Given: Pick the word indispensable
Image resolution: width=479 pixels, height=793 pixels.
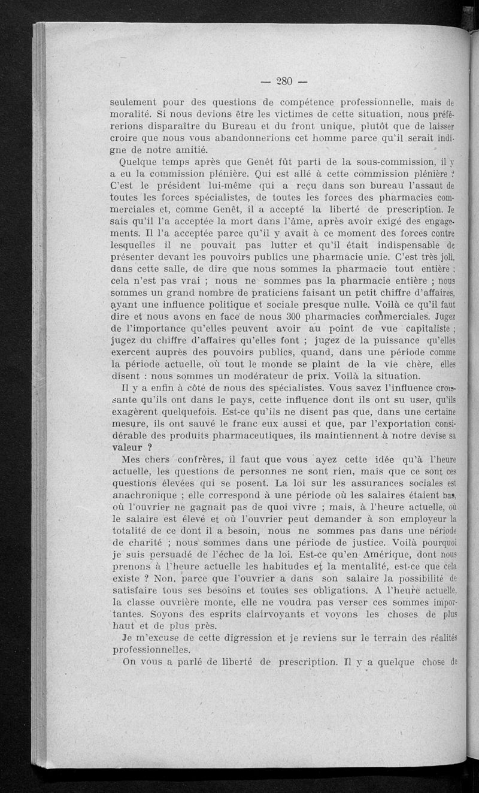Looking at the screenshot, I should click(399, 244).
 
